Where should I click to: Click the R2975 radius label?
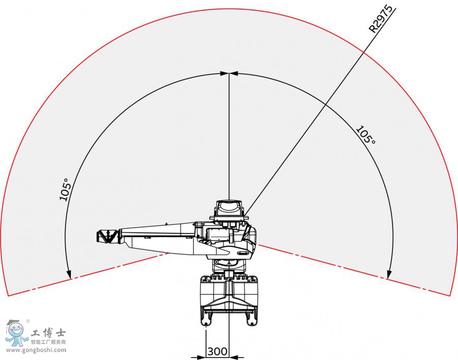(382, 19)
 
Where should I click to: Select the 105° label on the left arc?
(65, 189)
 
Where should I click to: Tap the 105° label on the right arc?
(365, 135)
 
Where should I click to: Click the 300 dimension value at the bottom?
(217, 351)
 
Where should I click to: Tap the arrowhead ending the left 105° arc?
(69, 275)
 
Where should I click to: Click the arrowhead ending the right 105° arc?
(389, 275)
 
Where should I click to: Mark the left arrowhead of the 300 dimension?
(194, 357)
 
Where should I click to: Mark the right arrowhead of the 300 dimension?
(240, 357)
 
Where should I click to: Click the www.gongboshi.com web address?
(36, 350)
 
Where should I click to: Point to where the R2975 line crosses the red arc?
(365, 50)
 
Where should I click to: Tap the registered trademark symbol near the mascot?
(27, 321)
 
